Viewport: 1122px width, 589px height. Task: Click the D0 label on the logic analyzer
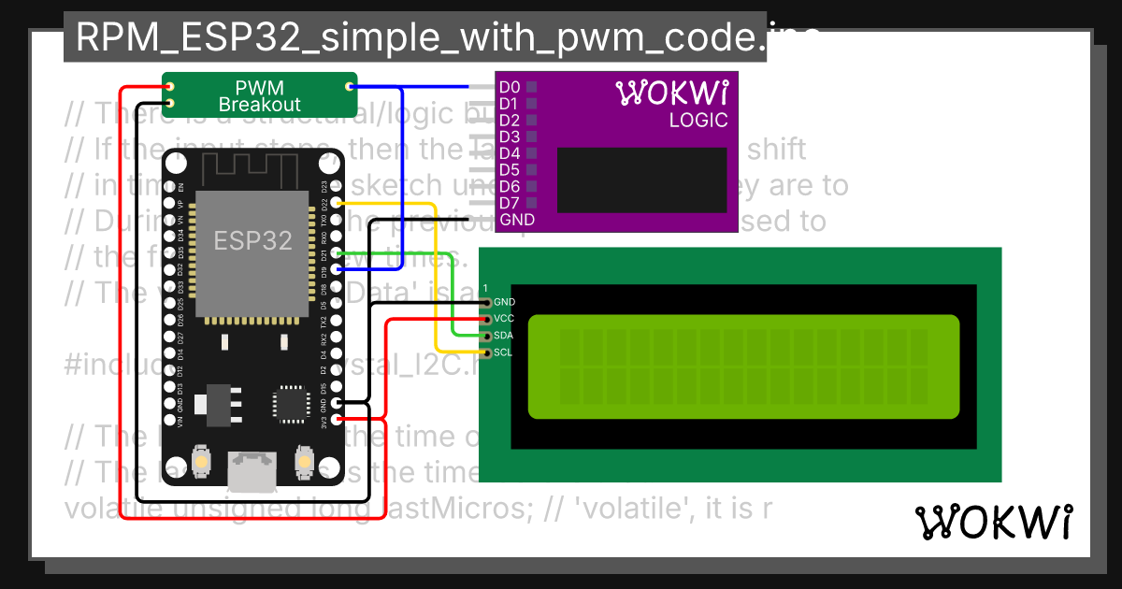(510, 87)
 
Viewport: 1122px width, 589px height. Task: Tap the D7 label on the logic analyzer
(510, 203)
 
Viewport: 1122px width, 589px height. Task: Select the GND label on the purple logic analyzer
(517, 220)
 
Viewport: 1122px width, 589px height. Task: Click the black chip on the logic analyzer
(641, 180)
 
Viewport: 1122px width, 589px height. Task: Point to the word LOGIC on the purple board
(698, 121)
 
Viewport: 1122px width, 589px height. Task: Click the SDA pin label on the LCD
(503, 336)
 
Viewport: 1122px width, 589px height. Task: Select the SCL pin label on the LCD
(503, 352)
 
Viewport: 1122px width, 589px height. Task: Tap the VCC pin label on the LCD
(503, 319)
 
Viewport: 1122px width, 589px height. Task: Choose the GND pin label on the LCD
(503, 302)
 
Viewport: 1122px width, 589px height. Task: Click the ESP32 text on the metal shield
(252, 240)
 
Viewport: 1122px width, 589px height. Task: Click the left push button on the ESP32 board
(200, 461)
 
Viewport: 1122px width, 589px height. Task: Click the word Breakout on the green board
(260, 105)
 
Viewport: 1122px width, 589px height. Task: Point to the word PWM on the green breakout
(259, 87)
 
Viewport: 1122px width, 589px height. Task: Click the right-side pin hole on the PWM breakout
(350, 87)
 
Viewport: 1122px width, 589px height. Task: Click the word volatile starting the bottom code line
(102, 510)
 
